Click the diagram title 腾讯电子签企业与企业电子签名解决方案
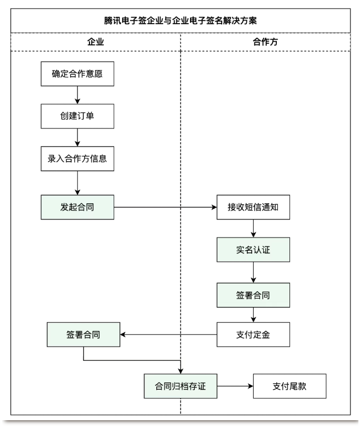(x=180, y=21)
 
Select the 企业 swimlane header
(x=95, y=42)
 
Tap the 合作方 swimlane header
(x=265, y=42)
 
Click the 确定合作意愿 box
(x=77, y=74)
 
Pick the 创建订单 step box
(x=77, y=116)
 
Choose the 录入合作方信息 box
(x=77, y=158)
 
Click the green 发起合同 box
(x=77, y=206)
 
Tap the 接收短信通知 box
(x=254, y=206)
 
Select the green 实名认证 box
(x=254, y=250)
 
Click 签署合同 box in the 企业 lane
(x=84, y=334)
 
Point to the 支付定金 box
(x=254, y=334)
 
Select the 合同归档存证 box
(x=180, y=385)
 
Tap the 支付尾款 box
(x=289, y=385)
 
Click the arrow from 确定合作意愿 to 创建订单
(x=77, y=95)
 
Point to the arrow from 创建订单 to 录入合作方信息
(x=77, y=137)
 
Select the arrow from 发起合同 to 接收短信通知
(x=166, y=206)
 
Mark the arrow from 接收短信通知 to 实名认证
(x=254, y=228)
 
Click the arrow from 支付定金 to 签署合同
(x=168, y=334)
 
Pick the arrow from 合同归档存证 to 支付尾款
(x=234, y=385)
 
